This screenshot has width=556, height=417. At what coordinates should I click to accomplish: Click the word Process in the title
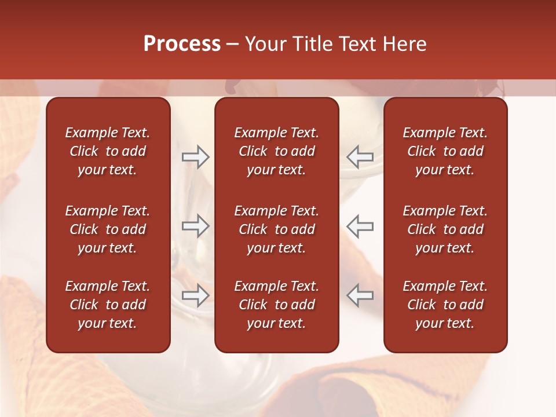pyautogui.click(x=182, y=44)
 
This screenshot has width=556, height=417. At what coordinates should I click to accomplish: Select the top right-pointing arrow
pyautogui.click(x=196, y=157)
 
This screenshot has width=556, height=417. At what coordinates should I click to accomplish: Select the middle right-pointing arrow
pyautogui.click(x=196, y=226)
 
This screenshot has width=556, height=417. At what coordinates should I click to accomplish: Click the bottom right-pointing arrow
pyautogui.click(x=196, y=295)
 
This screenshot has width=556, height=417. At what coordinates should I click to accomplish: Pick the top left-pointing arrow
pyautogui.click(x=360, y=157)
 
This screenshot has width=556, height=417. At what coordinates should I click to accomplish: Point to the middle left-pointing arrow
pyautogui.click(x=360, y=226)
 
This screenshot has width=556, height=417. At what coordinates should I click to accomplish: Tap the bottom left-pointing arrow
pyautogui.click(x=360, y=295)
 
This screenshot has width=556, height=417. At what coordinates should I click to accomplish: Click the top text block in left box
pyautogui.click(x=108, y=151)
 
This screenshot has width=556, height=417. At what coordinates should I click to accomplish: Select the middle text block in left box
pyautogui.click(x=108, y=229)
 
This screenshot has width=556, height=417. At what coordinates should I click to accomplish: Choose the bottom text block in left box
pyautogui.click(x=108, y=305)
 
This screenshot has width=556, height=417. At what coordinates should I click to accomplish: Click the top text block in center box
pyautogui.click(x=277, y=151)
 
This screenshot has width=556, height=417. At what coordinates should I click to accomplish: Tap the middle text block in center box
pyautogui.click(x=277, y=229)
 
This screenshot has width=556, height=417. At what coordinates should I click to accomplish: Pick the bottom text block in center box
pyautogui.click(x=277, y=305)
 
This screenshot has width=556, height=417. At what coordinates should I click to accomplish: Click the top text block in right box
pyautogui.click(x=445, y=151)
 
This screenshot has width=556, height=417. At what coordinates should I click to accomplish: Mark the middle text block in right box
pyautogui.click(x=445, y=229)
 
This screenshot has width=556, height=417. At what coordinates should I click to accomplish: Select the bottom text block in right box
pyautogui.click(x=445, y=305)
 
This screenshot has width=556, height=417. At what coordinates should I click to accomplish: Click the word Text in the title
pyautogui.click(x=357, y=44)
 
